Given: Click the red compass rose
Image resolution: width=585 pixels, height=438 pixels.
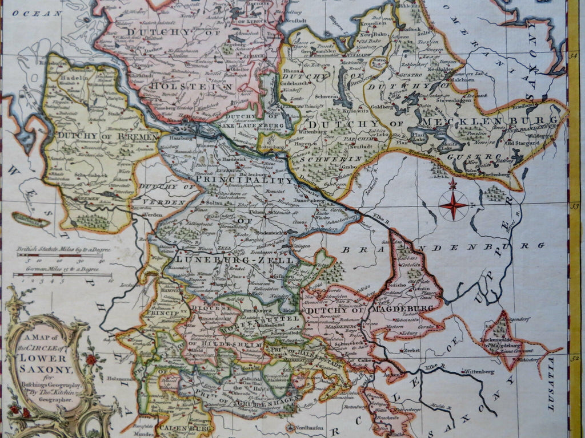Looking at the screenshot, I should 453,204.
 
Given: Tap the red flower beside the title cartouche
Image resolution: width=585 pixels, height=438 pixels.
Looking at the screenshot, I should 91,360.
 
